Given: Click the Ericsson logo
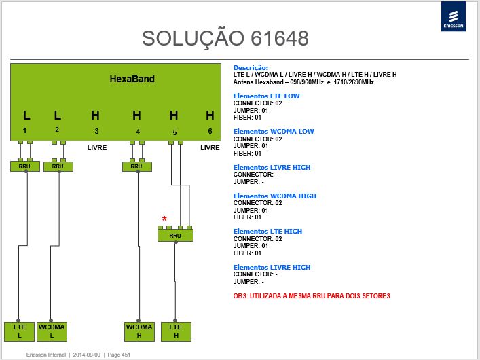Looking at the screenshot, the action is click(454, 16).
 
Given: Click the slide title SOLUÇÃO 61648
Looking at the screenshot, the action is click(225, 39).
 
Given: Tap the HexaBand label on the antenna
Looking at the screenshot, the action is click(132, 79).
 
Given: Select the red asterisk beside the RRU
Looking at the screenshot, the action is click(164, 219).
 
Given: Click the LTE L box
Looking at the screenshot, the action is click(19, 331).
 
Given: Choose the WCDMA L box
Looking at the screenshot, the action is click(52, 331).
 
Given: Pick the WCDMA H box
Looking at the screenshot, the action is click(139, 331).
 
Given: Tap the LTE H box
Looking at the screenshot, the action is click(176, 331).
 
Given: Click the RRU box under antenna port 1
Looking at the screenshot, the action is click(25, 166).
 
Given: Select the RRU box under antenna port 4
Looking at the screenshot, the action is click(137, 166).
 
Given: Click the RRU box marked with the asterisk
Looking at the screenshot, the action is click(175, 235).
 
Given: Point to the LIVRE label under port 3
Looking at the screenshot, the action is click(97, 147).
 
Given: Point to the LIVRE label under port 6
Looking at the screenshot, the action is click(210, 147).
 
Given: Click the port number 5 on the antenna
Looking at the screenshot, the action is click(174, 132).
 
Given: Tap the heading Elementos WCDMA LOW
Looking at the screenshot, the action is click(274, 132).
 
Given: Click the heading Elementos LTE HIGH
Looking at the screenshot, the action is click(267, 232).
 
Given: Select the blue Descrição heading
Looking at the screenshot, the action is click(251, 68).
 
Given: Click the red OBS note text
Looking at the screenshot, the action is click(312, 296).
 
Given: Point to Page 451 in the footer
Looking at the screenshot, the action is click(119, 355).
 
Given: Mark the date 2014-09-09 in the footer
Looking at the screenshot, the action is click(87, 355).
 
